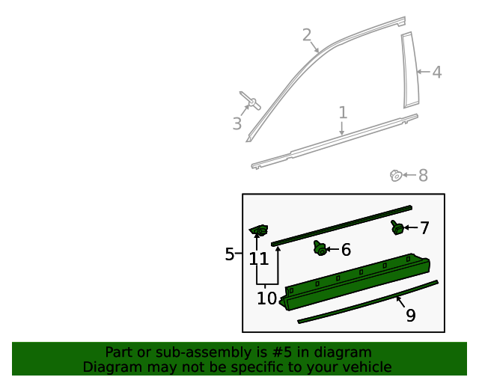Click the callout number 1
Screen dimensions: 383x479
point(343,113)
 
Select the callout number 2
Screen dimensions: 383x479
point(307,34)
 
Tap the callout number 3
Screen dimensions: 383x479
point(237,124)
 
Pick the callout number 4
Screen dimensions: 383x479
point(437,73)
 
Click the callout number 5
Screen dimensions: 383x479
point(230,254)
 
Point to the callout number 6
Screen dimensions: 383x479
point(346,250)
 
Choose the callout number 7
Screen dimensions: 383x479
point(424,228)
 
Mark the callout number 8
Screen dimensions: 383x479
point(423,176)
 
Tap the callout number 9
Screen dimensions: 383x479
point(411,316)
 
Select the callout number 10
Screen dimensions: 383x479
point(266,298)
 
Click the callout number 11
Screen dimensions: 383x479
point(259,259)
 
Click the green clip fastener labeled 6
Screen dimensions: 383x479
point(320,248)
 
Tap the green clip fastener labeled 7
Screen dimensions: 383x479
point(397,227)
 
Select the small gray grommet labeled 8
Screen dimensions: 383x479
point(395,176)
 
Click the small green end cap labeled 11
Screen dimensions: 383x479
point(258,230)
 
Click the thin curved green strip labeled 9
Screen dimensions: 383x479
point(367,301)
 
